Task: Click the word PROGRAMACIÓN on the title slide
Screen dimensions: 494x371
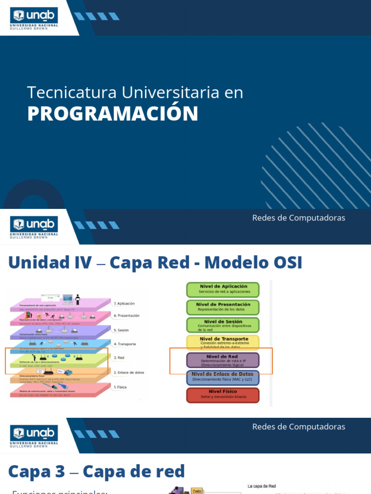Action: [x=113, y=113]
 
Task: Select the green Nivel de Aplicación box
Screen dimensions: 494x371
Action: [x=223, y=289]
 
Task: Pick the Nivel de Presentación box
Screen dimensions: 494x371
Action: [x=223, y=307]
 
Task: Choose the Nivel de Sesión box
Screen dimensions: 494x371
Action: [x=223, y=325]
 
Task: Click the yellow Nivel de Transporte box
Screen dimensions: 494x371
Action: [x=223, y=343]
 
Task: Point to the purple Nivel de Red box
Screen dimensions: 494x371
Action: [x=223, y=360]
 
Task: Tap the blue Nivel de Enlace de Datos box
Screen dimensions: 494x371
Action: [x=223, y=377]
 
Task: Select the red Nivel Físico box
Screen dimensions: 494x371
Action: [x=223, y=395]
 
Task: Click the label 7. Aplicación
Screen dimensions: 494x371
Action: [x=124, y=303]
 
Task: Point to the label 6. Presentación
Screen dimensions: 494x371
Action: [x=126, y=316]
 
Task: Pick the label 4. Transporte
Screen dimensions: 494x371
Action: [x=124, y=344]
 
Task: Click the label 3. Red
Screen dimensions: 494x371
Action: [x=119, y=358]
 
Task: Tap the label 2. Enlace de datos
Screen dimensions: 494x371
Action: [x=128, y=372]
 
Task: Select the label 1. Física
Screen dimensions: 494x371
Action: [x=121, y=387]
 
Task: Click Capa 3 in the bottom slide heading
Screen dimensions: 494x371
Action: [x=35, y=471]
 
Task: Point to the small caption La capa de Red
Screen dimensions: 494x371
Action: [x=261, y=486]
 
